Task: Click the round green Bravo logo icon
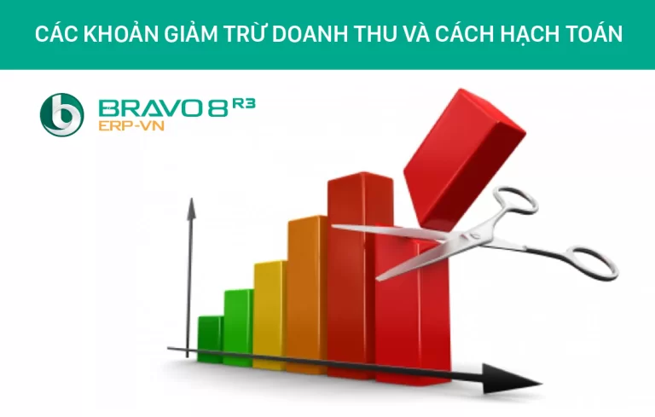62,115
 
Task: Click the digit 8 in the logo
215,107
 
